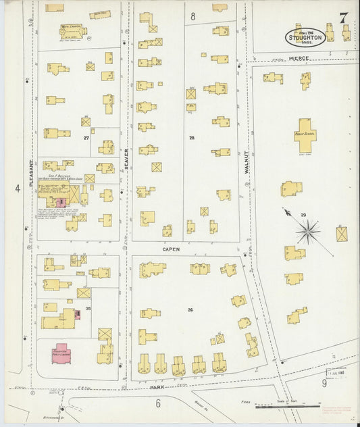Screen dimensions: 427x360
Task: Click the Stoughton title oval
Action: click(x=306, y=36)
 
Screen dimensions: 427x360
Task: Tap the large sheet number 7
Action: click(x=343, y=18)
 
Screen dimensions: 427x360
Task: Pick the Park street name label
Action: click(x=157, y=387)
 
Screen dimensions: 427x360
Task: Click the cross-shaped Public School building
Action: click(x=305, y=133)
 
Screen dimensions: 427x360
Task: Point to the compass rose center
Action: click(x=307, y=232)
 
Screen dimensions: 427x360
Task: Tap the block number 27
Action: click(x=86, y=138)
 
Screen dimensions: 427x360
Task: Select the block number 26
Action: click(x=190, y=310)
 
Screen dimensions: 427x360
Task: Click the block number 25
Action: click(x=88, y=308)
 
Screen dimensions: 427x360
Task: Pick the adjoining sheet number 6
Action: click(x=157, y=403)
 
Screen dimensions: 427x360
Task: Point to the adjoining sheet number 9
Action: click(x=324, y=384)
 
